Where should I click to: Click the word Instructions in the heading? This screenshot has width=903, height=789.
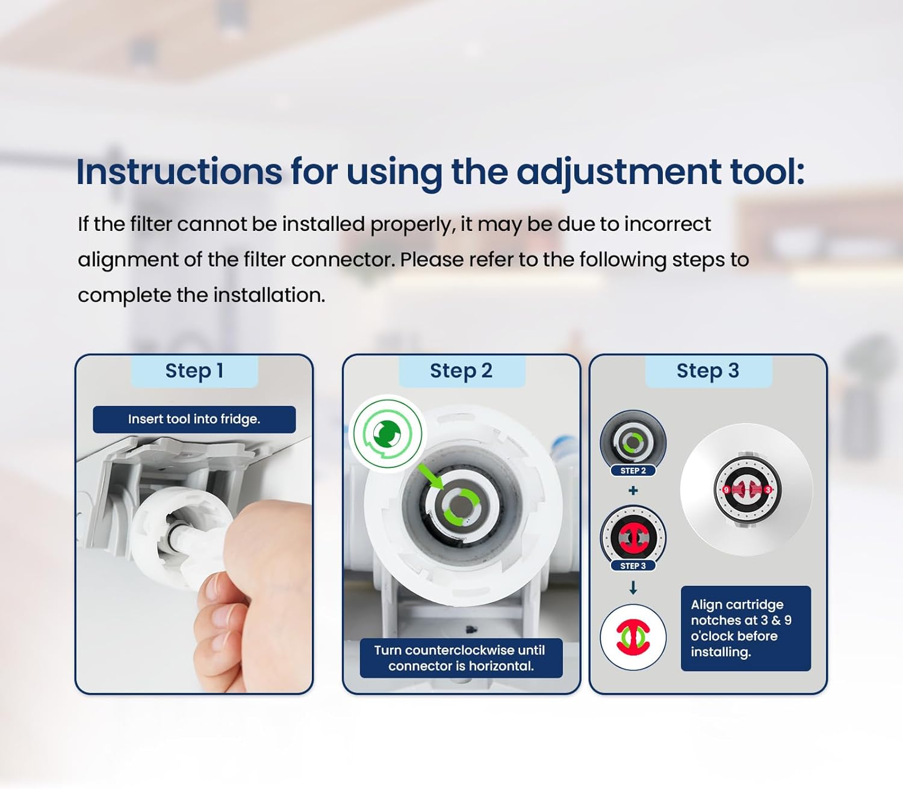click(179, 171)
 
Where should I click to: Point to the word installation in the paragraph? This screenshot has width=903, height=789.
click(268, 295)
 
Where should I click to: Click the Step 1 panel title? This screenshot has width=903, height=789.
click(194, 370)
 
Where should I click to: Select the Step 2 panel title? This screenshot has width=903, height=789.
click(461, 370)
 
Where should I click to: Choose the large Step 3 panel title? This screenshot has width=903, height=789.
click(707, 370)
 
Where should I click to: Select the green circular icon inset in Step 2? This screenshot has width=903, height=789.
click(388, 434)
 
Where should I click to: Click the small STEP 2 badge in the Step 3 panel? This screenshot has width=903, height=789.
click(633, 471)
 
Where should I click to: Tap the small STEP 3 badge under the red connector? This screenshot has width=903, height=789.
click(633, 566)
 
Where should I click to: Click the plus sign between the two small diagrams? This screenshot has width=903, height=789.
click(633, 490)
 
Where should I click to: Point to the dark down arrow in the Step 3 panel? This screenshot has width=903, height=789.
click(633, 588)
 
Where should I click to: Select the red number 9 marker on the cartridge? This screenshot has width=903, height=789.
click(726, 490)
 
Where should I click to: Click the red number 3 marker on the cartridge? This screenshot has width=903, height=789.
click(768, 490)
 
